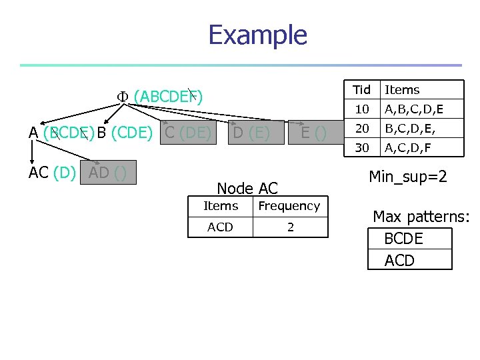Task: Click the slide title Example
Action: click(257, 35)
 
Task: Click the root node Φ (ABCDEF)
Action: click(160, 97)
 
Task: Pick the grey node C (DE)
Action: click(187, 133)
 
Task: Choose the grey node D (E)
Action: click(251, 133)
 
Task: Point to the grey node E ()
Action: click(313, 133)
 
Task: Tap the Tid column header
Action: click(361, 90)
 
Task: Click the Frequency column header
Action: click(289, 207)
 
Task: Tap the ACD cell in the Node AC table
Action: click(220, 227)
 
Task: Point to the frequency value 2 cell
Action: click(290, 227)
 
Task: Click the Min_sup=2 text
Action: click(407, 177)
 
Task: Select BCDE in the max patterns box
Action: click(404, 239)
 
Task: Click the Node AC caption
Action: click(247, 189)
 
